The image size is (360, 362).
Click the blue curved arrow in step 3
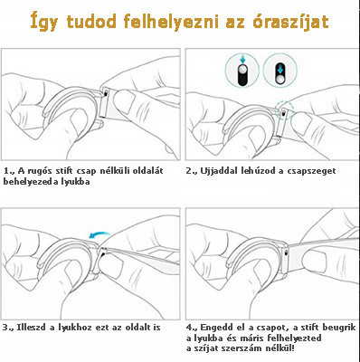pyautogui.click(x=102, y=231)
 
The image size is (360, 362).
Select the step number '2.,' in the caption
pyautogui.click(x=192, y=170)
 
